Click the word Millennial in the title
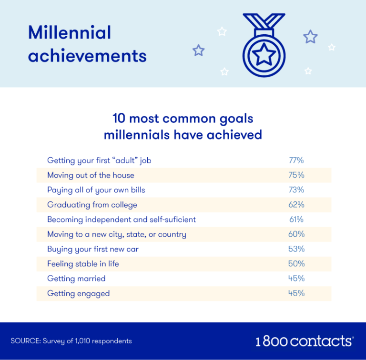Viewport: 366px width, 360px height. pyautogui.click(x=70, y=32)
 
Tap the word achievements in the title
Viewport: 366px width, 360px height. pyautogui.click(x=87, y=56)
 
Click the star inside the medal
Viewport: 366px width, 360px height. pyautogui.click(x=264, y=54)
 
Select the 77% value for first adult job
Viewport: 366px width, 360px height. pyautogui.click(x=296, y=160)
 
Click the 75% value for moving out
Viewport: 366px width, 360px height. pyautogui.click(x=296, y=175)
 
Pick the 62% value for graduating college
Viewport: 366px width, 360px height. pyautogui.click(x=296, y=204)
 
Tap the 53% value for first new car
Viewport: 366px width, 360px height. pyautogui.click(x=296, y=249)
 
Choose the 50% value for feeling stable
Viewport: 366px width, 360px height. pyautogui.click(x=296, y=263)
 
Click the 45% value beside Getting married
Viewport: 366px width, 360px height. pyautogui.click(x=296, y=278)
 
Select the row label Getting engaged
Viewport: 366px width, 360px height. pyautogui.click(x=79, y=293)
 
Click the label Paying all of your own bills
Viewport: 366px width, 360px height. pyautogui.click(x=96, y=190)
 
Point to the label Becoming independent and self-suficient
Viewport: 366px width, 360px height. pyautogui.click(x=122, y=220)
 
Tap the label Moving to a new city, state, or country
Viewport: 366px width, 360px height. pyautogui.click(x=117, y=234)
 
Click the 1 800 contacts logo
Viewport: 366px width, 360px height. pyautogui.click(x=305, y=341)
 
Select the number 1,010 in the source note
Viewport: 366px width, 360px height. pyautogui.click(x=82, y=341)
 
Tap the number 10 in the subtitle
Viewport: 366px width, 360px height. pyautogui.click(x=119, y=118)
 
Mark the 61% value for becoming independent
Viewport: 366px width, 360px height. pyautogui.click(x=296, y=219)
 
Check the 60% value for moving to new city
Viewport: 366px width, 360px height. pyautogui.click(x=296, y=234)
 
